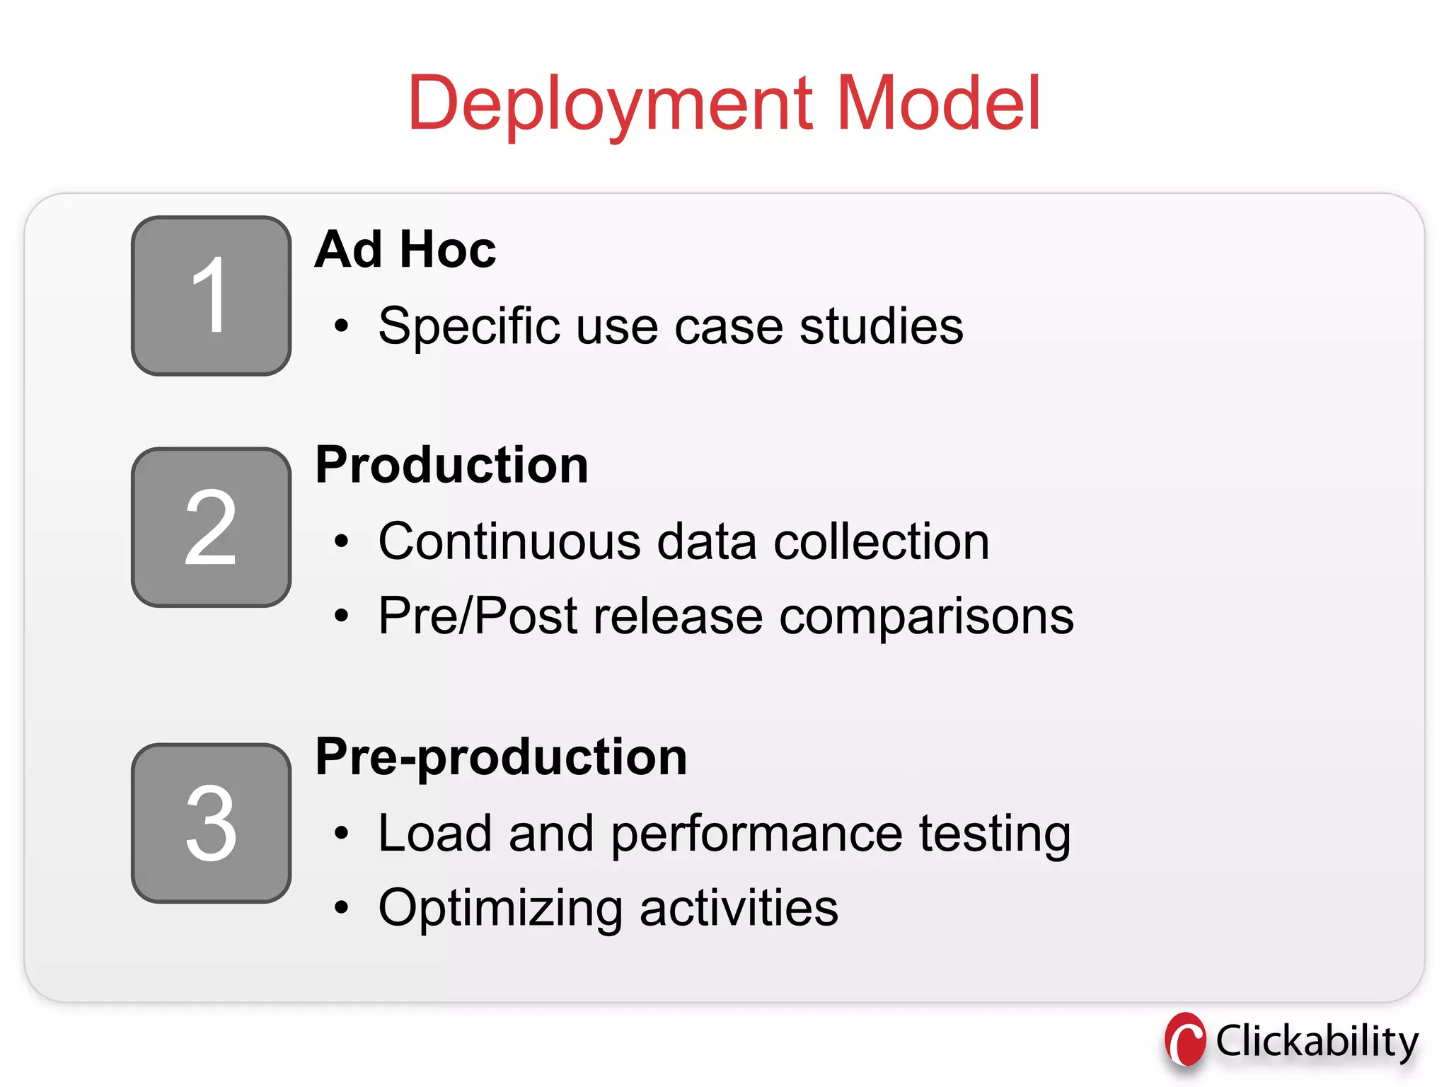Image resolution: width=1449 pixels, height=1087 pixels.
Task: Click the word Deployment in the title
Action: tap(609, 105)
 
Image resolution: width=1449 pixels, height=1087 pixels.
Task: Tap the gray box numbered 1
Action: tap(211, 296)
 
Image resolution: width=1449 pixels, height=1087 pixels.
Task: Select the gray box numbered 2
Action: tap(211, 527)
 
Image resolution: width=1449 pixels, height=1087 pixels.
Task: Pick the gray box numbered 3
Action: tap(211, 823)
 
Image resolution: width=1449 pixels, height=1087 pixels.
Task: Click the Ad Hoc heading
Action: tap(405, 250)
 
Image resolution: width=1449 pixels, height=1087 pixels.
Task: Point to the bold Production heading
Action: tap(451, 465)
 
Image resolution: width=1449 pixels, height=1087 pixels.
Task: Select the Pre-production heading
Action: tap(501, 757)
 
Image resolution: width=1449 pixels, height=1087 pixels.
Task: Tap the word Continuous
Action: tap(509, 541)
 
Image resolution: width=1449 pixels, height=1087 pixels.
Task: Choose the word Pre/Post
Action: tap(478, 616)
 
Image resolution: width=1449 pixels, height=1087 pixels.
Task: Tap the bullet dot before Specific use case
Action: tap(342, 326)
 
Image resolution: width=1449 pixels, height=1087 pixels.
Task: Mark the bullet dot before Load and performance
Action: tap(342, 834)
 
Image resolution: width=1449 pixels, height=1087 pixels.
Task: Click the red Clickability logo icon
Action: tap(1185, 1040)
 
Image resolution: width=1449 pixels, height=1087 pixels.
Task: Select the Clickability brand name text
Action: tap(1317, 1042)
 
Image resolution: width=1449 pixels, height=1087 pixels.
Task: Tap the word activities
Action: tap(739, 908)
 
